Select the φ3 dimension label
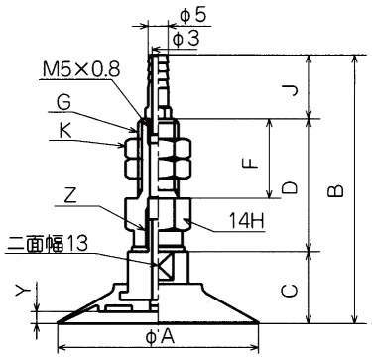(x=186, y=39)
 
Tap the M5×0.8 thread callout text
(x=81, y=69)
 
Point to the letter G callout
(x=63, y=103)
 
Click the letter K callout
(x=65, y=132)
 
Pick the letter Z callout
(x=70, y=197)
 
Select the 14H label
(x=247, y=221)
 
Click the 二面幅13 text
(x=47, y=244)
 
